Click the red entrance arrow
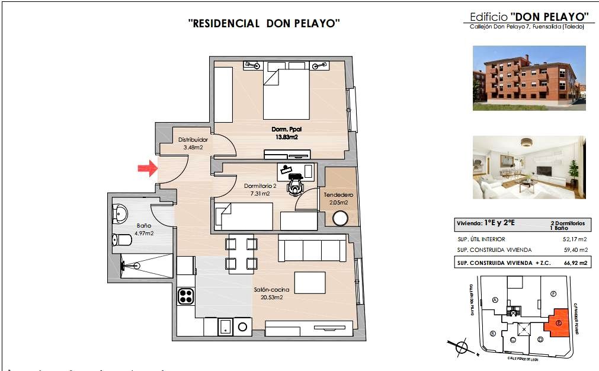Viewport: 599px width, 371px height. click(146, 169)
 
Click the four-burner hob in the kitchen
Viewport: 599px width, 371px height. click(186, 295)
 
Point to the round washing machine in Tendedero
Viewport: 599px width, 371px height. click(341, 219)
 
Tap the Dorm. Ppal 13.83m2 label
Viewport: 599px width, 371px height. click(286, 133)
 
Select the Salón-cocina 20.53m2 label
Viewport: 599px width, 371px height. click(271, 293)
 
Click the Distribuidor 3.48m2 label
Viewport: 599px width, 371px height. click(193, 143)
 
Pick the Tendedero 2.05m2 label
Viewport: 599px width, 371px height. click(338, 199)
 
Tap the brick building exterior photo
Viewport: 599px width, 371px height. click(529, 78)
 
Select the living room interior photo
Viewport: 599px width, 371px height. click(529, 168)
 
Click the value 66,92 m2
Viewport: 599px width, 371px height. click(575, 263)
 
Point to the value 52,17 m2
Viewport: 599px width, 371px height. click(575, 239)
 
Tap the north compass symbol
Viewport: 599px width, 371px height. click(460, 348)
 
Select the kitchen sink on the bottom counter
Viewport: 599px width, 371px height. click(226, 326)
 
